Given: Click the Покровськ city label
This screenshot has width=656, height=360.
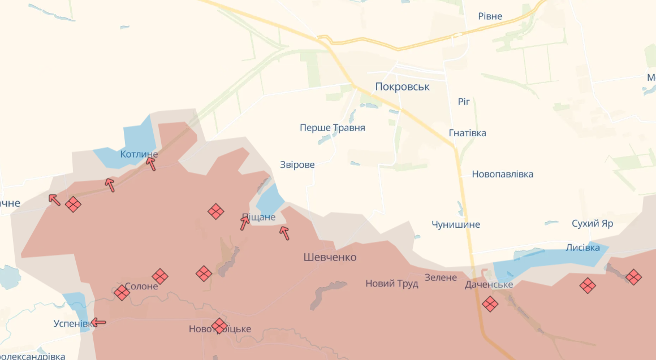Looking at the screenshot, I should (x=402, y=86).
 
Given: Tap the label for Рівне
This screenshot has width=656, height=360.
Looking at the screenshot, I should (x=490, y=16).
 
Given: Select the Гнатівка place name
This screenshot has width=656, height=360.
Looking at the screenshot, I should (x=467, y=133).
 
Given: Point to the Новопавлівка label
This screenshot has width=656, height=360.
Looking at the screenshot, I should (x=503, y=174).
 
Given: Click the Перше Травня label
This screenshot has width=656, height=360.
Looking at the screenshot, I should (x=333, y=128).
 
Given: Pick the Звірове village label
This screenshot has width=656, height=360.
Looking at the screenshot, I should (x=297, y=164).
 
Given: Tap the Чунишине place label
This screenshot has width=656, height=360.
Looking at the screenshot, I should (x=456, y=224).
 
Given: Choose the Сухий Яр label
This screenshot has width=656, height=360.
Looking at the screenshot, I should (x=592, y=223).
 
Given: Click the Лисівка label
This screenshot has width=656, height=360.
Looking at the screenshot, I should (x=583, y=248).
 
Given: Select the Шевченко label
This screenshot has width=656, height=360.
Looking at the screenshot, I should (x=330, y=257).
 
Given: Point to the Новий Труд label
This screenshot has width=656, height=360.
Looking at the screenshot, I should (x=392, y=283).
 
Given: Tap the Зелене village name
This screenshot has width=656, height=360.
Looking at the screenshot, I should (x=441, y=277).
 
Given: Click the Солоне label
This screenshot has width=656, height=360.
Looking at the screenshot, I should (x=141, y=287).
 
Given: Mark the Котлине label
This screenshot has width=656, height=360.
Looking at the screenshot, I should (x=139, y=154).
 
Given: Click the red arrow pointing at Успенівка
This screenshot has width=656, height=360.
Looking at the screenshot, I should (x=98, y=322).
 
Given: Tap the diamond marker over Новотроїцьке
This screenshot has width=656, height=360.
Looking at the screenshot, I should (x=219, y=326).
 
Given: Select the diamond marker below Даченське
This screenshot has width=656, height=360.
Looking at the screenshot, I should (x=490, y=304).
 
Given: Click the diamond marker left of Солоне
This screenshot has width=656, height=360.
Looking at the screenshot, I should (x=122, y=292).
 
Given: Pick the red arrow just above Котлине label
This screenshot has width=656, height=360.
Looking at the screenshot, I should (x=151, y=164).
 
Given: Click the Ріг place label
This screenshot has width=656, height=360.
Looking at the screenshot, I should (x=464, y=102).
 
